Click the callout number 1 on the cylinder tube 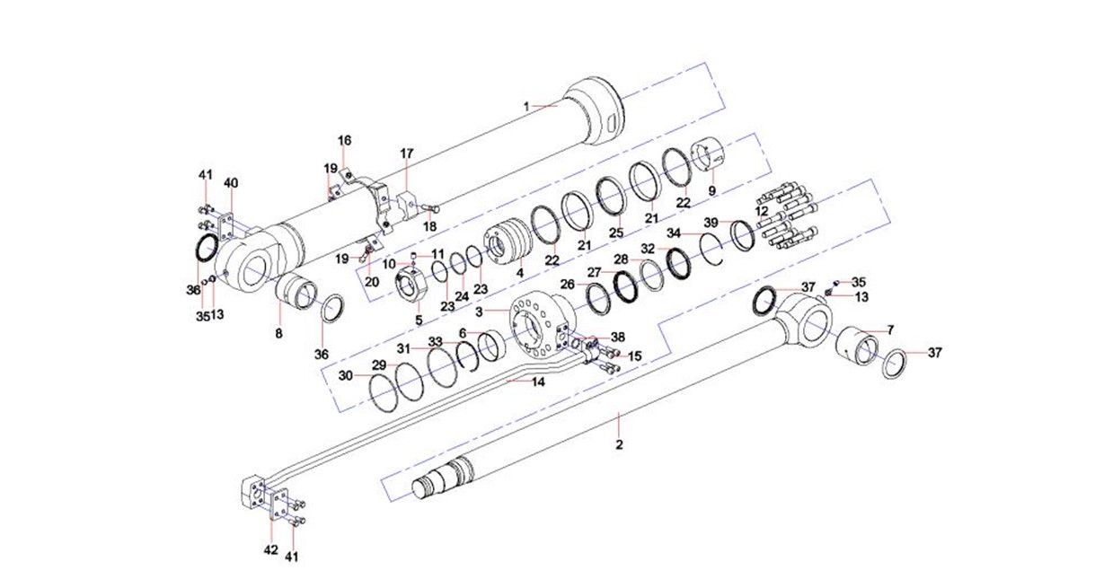[528, 106]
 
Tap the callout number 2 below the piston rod [618, 445]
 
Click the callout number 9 [712, 190]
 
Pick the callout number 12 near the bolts [763, 210]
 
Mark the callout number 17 [406, 153]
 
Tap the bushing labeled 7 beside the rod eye [859, 348]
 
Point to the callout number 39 [711, 222]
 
